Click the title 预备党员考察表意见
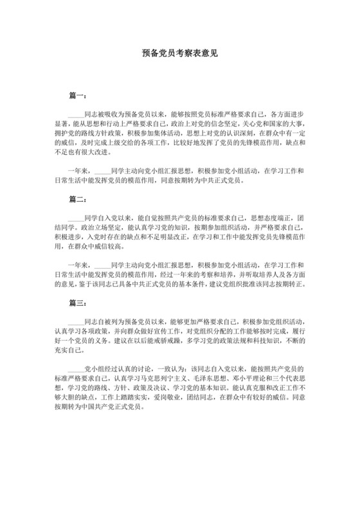(179, 55)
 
